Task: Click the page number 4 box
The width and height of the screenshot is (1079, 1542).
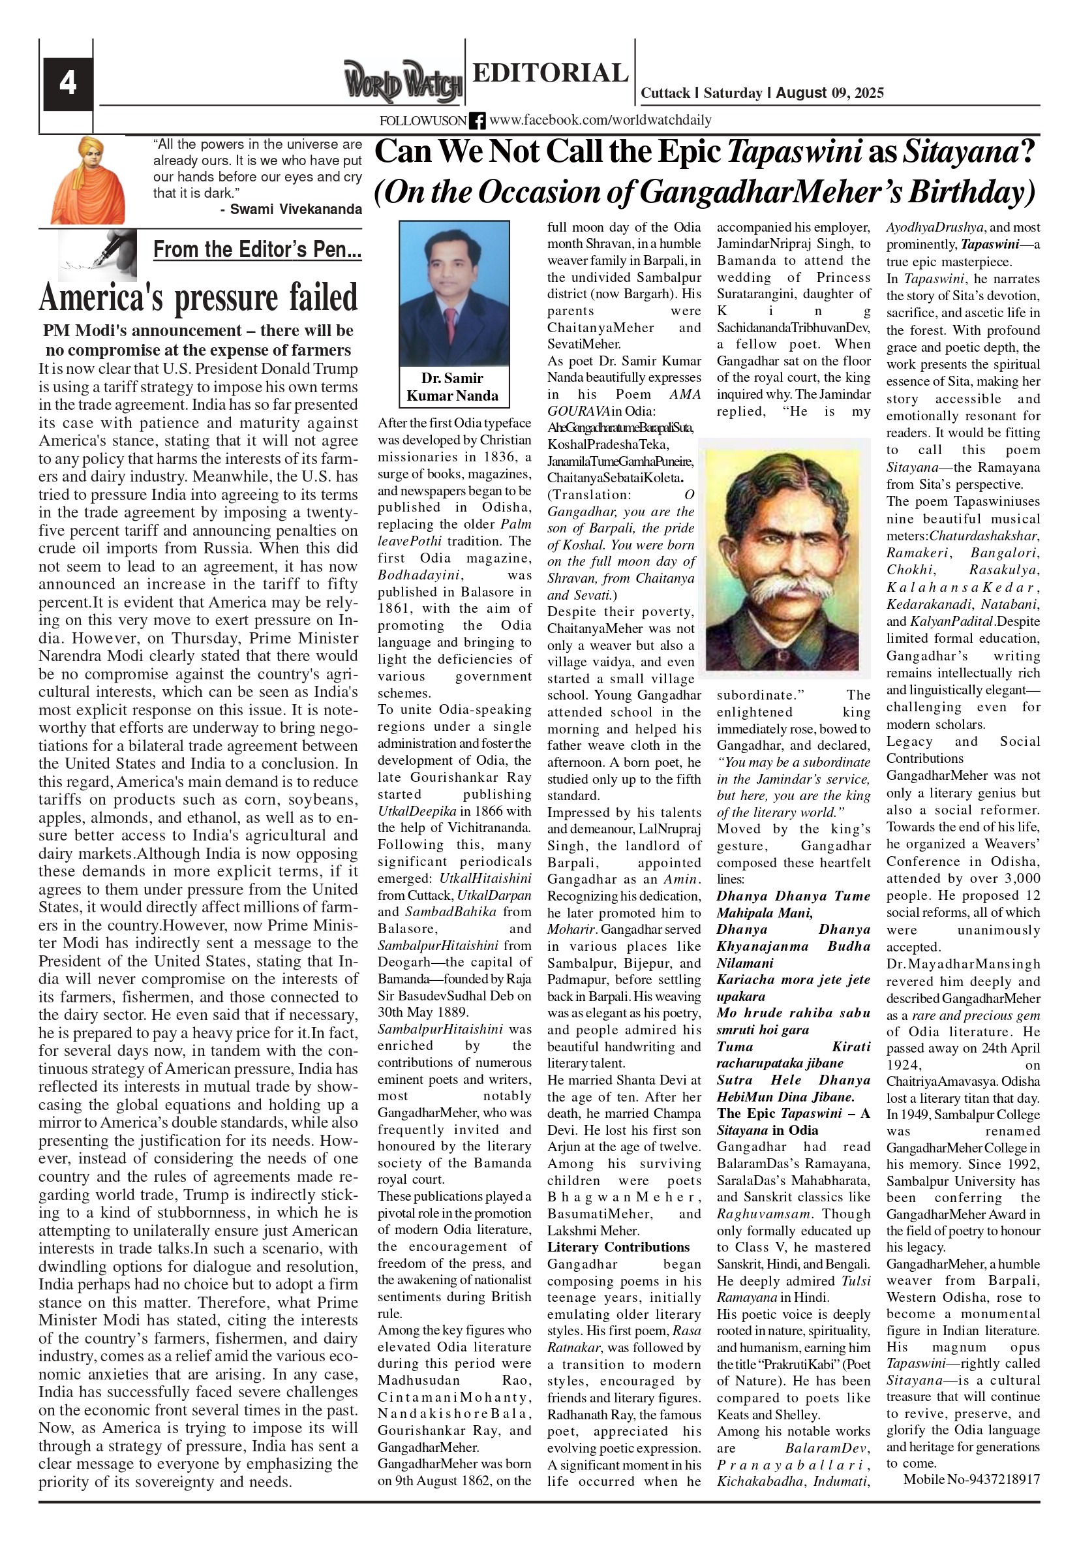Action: click(68, 84)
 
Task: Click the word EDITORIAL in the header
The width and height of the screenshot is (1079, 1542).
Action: click(550, 72)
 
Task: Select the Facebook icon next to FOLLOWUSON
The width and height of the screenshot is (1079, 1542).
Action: click(478, 121)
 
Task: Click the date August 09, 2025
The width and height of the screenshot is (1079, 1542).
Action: click(830, 93)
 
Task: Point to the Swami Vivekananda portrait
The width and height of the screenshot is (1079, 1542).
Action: click(88, 180)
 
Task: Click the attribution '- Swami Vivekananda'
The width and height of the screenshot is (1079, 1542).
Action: click(291, 209)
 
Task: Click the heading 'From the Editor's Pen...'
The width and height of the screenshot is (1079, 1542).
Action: click(257, 250)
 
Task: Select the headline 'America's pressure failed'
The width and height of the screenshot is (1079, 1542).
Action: click(198, 298)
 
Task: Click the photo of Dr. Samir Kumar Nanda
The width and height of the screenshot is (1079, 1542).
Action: click(454, 294)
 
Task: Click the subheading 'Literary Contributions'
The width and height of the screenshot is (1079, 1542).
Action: click(618, 1247)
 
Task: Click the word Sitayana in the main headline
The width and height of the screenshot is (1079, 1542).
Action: click(960, 152)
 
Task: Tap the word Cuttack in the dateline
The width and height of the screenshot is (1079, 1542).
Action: click(665, 93)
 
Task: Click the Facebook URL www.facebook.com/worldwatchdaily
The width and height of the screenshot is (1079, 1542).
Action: click(600, 120)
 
